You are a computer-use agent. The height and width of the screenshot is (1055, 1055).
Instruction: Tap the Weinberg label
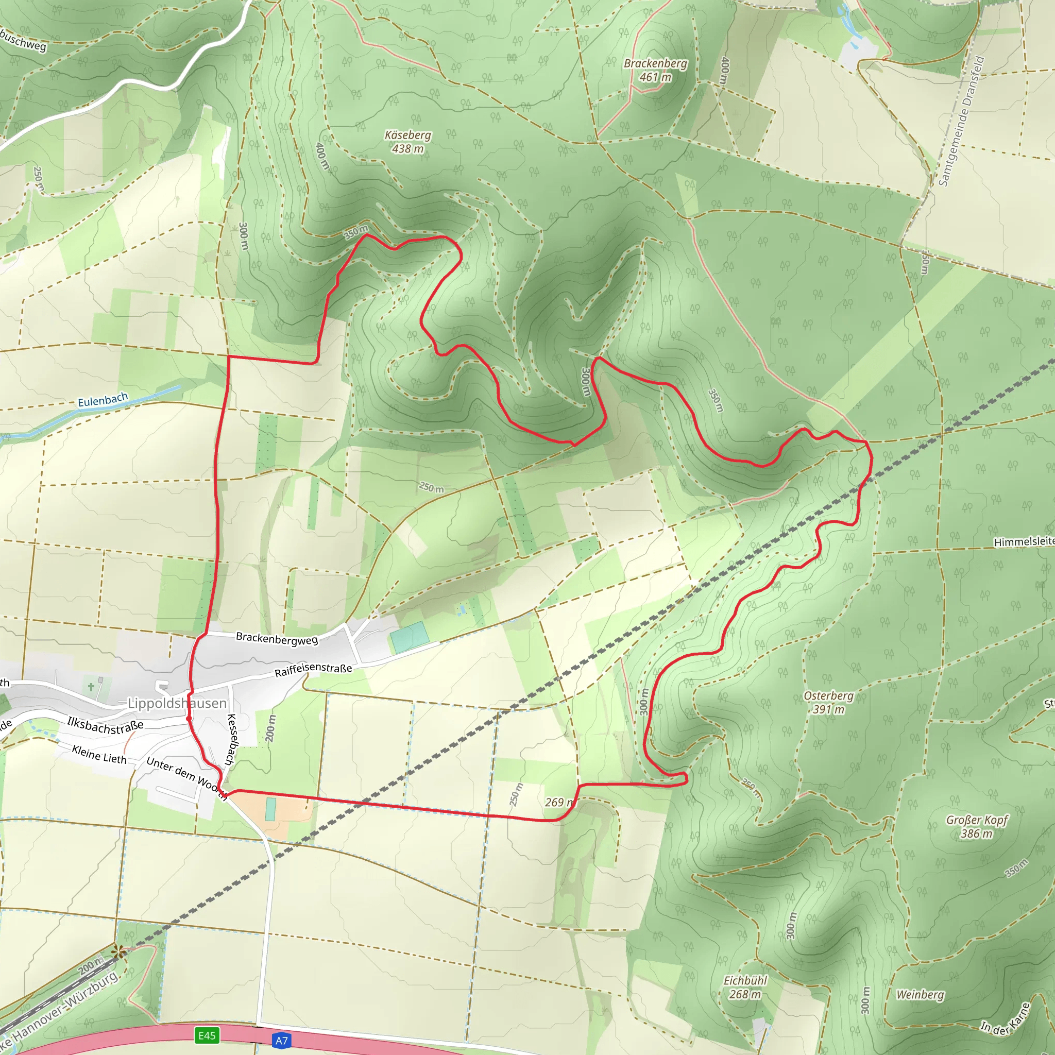[920, 994]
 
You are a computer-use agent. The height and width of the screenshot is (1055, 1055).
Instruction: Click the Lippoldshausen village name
[177, 703]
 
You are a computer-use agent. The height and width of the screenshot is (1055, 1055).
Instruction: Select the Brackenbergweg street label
[277, 638]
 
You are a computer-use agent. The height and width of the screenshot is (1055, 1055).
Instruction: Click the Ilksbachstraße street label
[105, 726]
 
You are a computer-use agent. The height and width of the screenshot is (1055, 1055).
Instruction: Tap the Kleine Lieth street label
[99, 755]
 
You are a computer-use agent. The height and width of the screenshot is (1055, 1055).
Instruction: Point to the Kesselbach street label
[231, 739]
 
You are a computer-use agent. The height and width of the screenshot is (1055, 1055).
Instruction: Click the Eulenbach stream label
[103, 400]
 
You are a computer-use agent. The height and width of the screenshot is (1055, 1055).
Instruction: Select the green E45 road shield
[207, 1035]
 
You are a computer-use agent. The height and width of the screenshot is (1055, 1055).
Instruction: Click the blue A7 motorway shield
[281, 1040]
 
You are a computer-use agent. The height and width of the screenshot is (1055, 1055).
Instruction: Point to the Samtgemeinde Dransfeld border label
[961, 121]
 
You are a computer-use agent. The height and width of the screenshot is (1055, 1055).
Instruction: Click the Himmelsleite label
[1024, 542]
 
